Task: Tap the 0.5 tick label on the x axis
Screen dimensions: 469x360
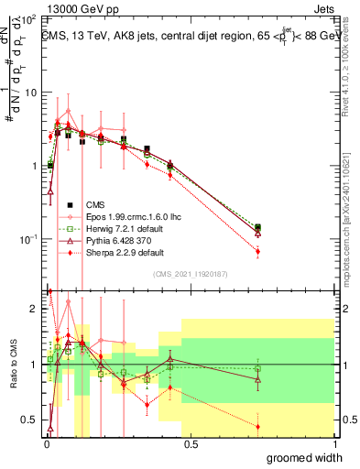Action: (x=190, y=445)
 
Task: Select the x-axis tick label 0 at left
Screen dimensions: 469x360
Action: (x=46, y=445)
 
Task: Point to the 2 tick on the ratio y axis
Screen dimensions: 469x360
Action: (x=35, y=309)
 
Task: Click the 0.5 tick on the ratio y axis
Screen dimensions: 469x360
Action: (x=31, y=420)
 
